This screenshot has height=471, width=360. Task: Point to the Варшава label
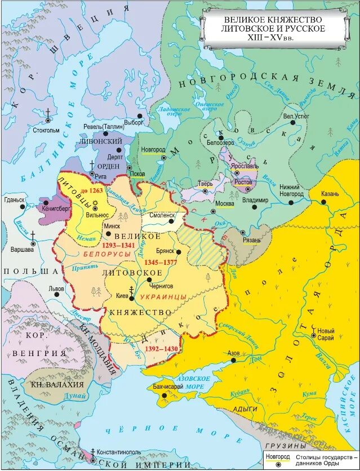tap(22, 249)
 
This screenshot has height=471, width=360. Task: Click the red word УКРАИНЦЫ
tap(159, 296)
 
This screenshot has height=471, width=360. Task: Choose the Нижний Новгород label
tap(290, 190)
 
